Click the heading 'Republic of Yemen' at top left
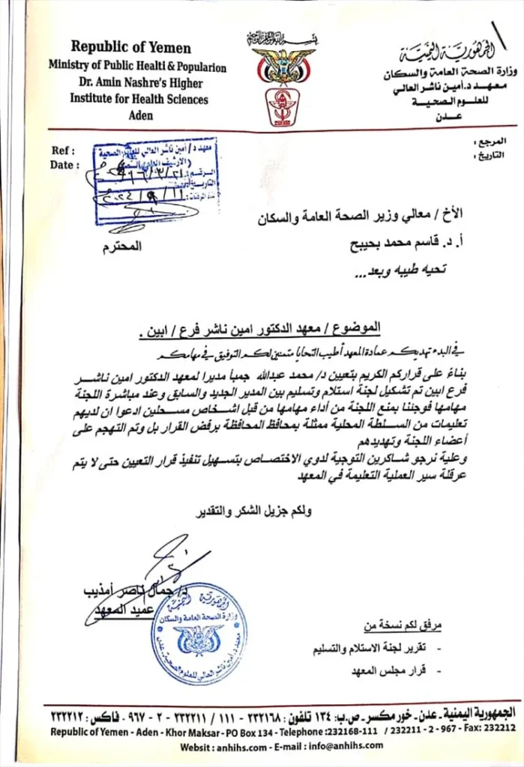coord(131,48)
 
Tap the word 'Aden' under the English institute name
coord(140,115)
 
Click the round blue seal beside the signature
coord(197,633)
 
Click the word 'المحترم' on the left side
coord(121,246)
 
